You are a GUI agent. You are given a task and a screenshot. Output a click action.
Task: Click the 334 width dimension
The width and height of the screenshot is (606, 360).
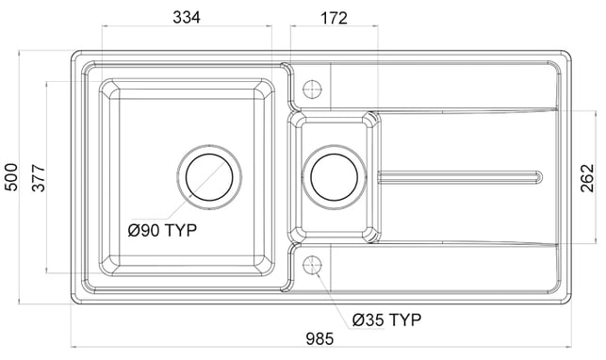pyautogui.click(x=187, y=17)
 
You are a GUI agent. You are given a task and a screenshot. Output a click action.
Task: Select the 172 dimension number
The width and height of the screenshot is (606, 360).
pyautogui.click(x=334, y=18)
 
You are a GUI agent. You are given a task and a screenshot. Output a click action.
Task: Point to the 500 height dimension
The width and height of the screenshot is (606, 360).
pyautogui.click(x=11, y=177)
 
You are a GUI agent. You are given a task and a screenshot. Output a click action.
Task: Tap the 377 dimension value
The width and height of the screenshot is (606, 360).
pyautogui.click(x=39, y=178)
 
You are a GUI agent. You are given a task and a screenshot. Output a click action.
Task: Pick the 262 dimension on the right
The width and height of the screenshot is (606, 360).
pyautogui.click(x=586, y=178)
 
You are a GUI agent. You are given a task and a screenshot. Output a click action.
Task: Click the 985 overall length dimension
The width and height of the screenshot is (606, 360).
pyautogui.click(x=319, y=338)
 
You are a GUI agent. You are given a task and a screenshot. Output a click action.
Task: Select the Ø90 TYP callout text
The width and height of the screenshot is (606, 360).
pyautogui.click(x=162, y=230)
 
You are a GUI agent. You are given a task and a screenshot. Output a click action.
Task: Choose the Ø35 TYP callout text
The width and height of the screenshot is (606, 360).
pyautogui.click(x=386, y=319)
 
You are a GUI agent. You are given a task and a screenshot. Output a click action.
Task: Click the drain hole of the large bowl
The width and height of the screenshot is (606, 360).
pyautogui.click(x=209, y=177)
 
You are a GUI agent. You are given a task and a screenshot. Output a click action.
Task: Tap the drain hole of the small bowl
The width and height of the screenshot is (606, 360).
pyautogui.click(x=334, y=177)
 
